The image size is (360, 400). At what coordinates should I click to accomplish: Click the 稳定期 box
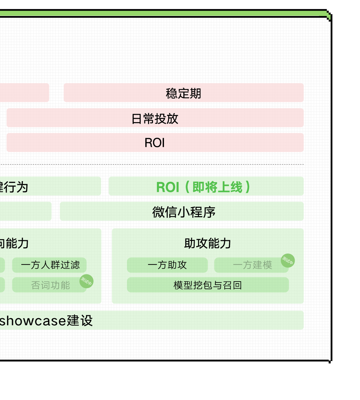tap(183, 93)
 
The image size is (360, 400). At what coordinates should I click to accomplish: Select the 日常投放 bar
tap(155, 118)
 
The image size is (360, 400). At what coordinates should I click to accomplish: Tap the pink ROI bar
tap(155, 143)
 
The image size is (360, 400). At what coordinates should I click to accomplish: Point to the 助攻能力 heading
tap(207, 243)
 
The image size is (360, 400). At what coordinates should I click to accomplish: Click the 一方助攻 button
tap(167, 265)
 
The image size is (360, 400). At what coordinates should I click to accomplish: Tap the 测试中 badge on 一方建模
tap(288, 261)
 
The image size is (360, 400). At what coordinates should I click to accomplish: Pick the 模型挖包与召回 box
tap(208, 285)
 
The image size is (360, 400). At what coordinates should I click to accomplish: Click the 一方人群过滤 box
tap(50, 265)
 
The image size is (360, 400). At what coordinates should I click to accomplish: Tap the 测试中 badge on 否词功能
tap(86, 281)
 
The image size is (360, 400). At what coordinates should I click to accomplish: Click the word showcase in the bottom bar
tap(33, 321)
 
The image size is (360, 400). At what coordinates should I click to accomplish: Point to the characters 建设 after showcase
tap(80, 321)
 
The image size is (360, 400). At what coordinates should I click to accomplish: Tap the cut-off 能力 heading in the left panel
tap(15, 243)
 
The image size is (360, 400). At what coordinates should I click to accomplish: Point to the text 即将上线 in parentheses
tap(217, 187)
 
